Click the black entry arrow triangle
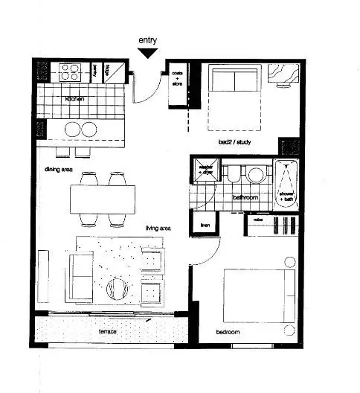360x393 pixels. [147, 53]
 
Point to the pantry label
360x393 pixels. [95, 71]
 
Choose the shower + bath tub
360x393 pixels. [286, 183]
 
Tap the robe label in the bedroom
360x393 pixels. [257, 221]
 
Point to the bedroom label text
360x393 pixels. [228, 333]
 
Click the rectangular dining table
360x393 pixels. [103, 199]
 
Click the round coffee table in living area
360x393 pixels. [118, 288]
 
